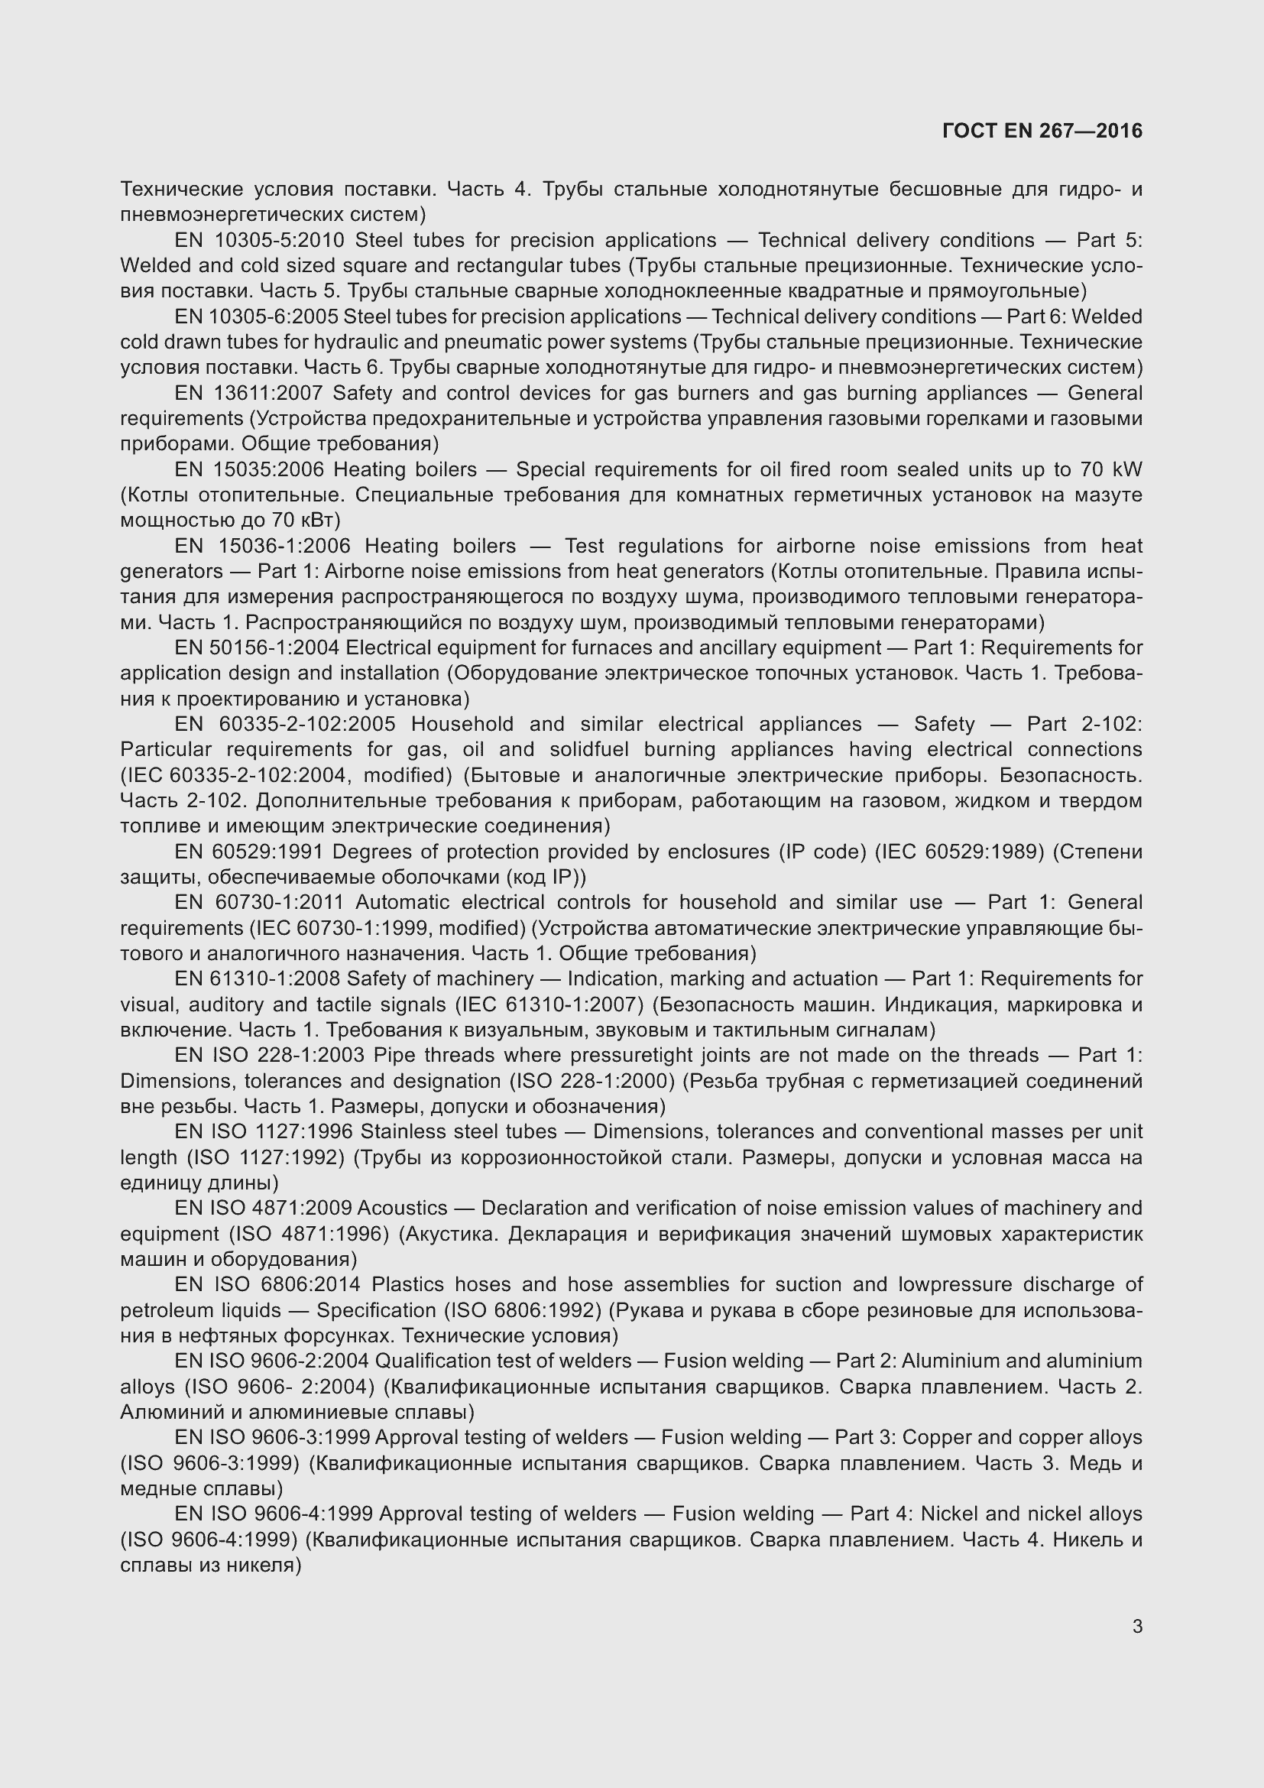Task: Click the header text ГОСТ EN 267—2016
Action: (1042, 131)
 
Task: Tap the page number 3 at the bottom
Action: (1137, 1626)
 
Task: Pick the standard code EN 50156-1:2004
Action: (256, 648)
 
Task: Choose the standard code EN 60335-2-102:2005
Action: (285, 724)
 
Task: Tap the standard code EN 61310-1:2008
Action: (256, 979)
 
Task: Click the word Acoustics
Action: (403, 1208)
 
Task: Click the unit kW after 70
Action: (1127, 469)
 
